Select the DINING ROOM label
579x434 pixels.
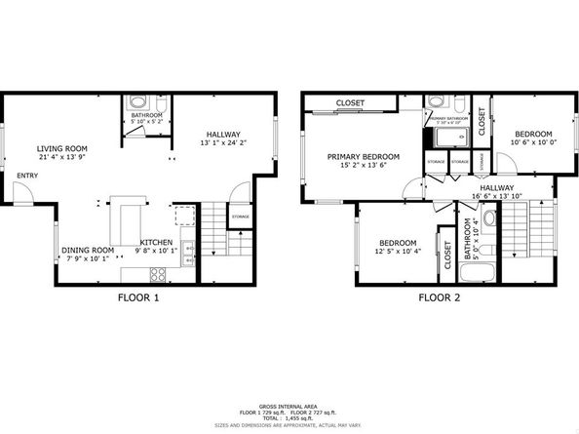[x=89, y=250]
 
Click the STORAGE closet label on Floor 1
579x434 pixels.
[x=240, y=217]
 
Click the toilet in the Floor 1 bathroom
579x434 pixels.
[x=135, y=102]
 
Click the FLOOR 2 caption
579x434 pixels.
[x=439, y=297]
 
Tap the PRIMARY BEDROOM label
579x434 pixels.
[x=364, y=156]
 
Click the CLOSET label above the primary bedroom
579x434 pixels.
[x=351, y=103]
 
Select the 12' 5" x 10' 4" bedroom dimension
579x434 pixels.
[x=398, y=252]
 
